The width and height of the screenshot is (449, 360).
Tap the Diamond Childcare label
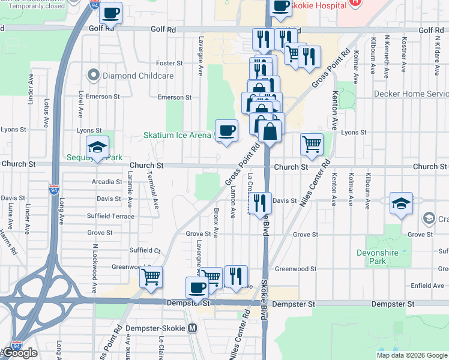138,76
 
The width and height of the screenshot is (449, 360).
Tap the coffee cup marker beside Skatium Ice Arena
226,131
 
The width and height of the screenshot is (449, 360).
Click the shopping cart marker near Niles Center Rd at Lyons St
312,144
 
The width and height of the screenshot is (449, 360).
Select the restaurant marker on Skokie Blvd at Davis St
260,202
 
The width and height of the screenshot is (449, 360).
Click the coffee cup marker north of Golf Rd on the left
111,13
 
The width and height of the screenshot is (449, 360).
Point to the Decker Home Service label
411,94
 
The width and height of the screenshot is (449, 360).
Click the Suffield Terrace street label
110,216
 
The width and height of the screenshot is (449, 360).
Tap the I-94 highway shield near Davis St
53,190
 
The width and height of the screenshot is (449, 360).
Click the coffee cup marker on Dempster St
196,287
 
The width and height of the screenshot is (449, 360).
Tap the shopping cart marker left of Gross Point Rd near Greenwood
151,277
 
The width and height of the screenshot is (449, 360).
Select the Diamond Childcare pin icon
93,76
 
